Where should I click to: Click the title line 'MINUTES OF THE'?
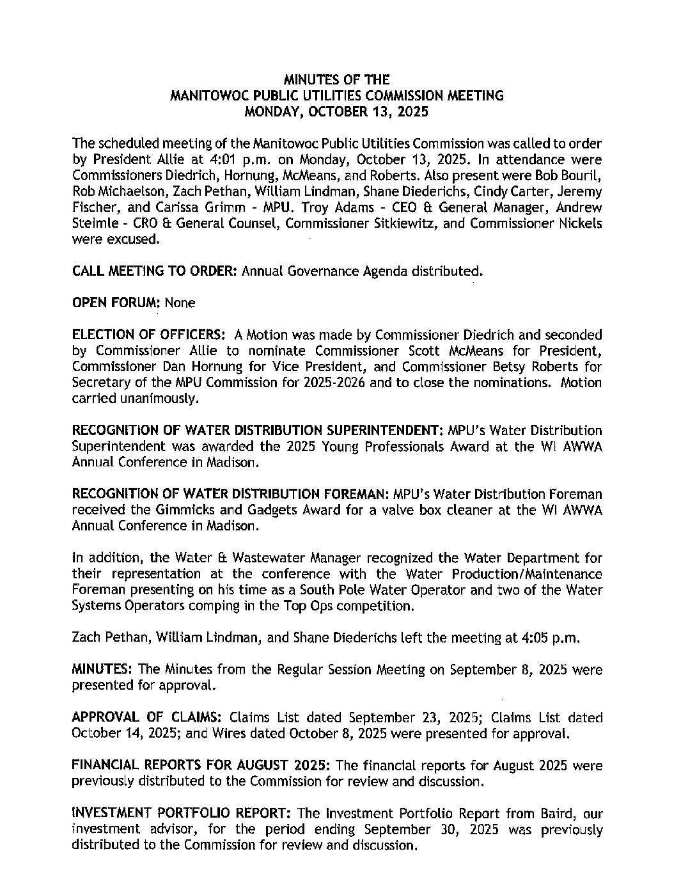click(336, 80)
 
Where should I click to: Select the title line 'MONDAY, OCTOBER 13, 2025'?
click(336, 111)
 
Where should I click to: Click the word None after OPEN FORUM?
click(180, 303)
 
